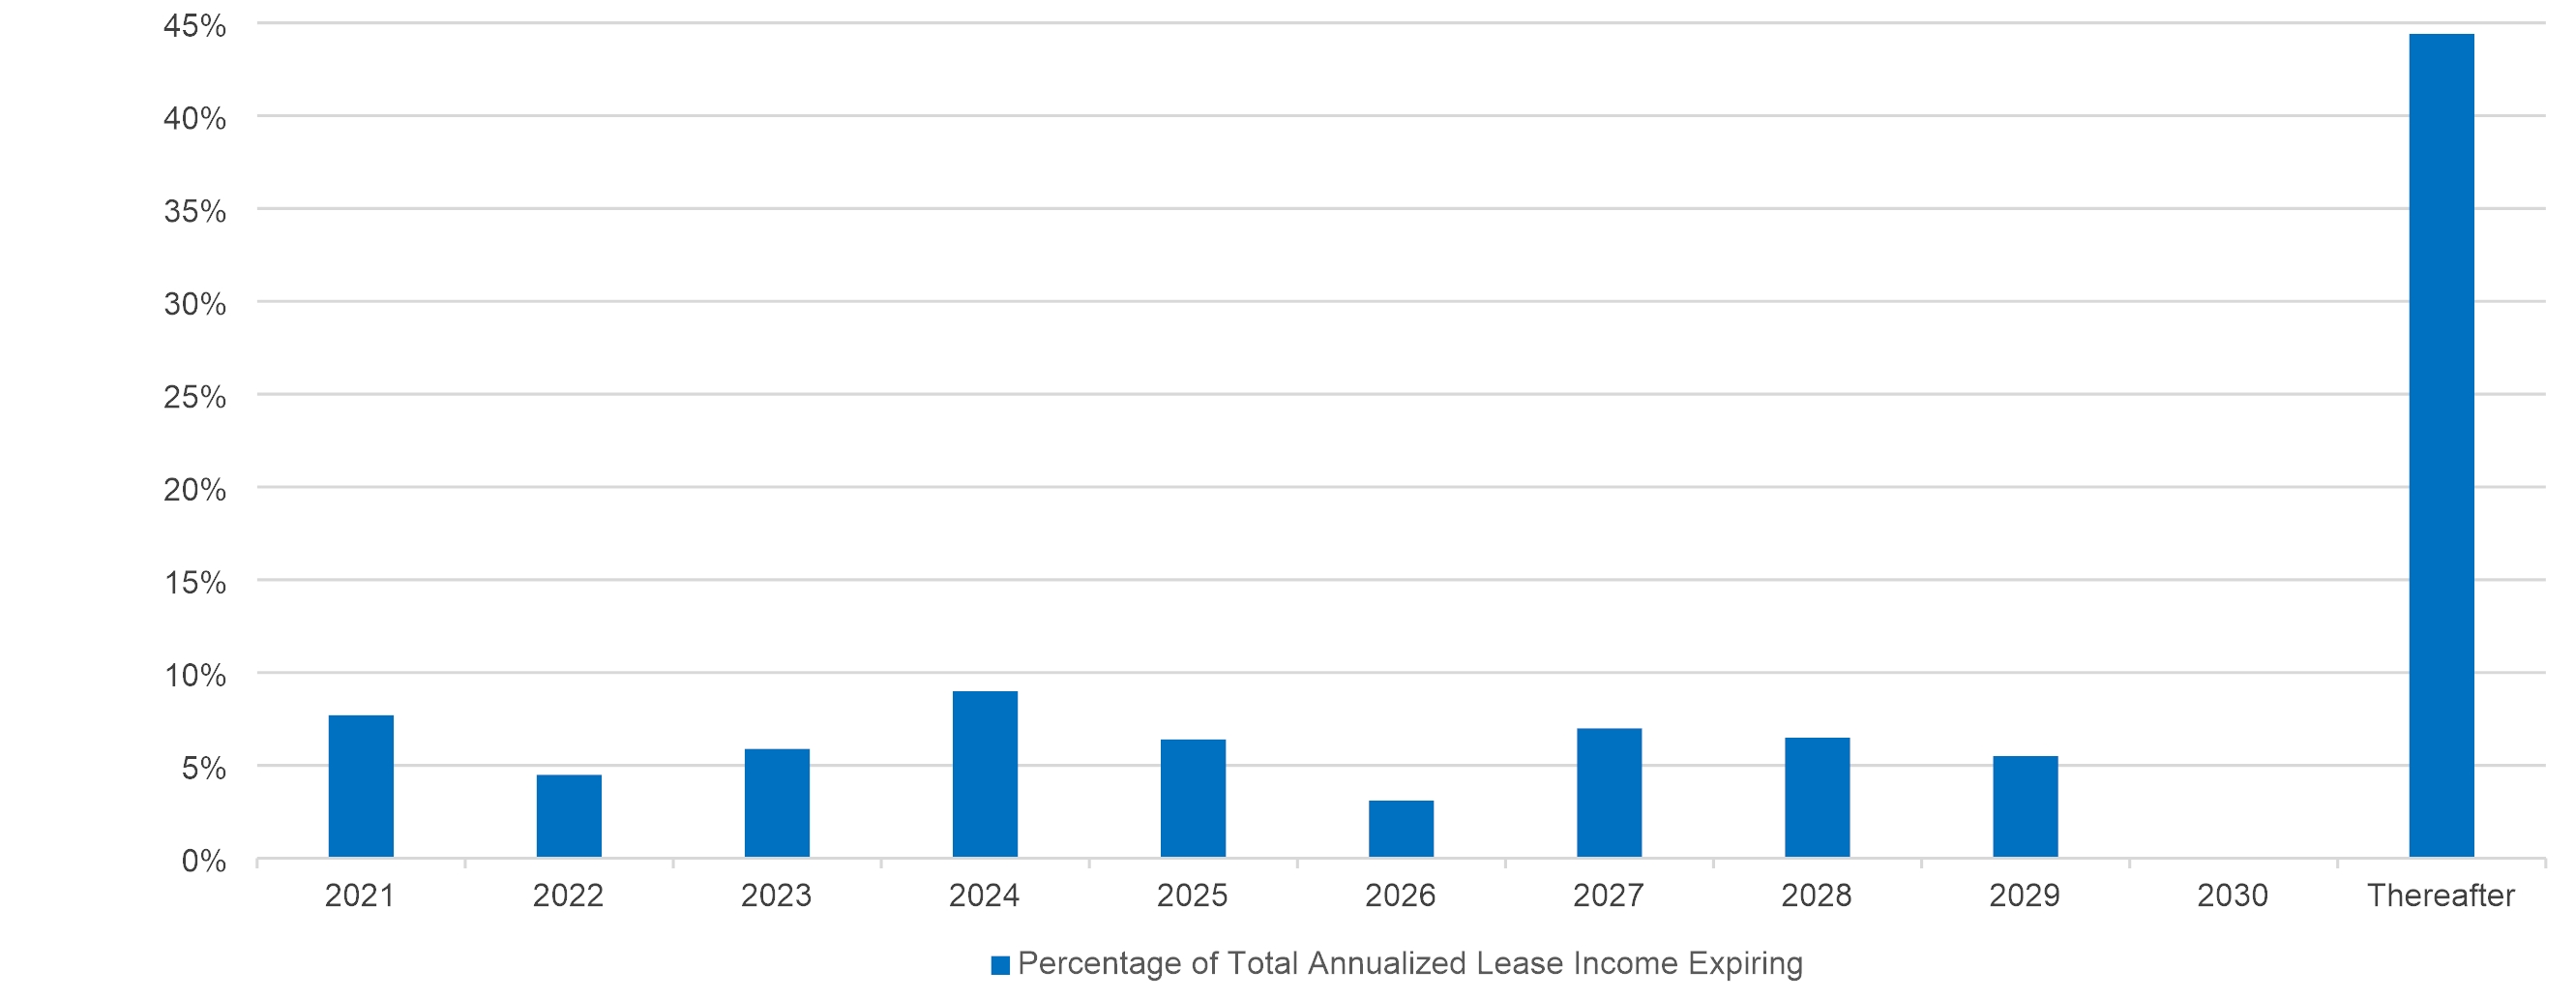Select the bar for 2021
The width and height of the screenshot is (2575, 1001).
(361, 786)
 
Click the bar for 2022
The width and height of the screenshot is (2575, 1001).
(569, 816)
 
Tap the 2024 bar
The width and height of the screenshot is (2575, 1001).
(985, 774)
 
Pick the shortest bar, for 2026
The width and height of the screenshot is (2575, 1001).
(1401, 829)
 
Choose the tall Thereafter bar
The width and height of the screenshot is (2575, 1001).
(2442, 445)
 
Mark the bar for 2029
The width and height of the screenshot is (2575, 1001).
(2026, 806)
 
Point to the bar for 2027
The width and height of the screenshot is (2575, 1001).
(1609, 793)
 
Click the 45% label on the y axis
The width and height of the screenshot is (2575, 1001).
(195, 26)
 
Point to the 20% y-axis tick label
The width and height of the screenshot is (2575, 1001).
(195, 490)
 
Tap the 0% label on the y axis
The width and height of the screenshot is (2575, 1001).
(204, 861)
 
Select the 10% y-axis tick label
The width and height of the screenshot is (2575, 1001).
(195, 676)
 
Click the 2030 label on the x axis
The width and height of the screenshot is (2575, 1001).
(2233, 895)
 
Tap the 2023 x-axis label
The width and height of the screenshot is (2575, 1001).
(776, 895)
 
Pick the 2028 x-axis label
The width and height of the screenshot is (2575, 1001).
(1817, 895)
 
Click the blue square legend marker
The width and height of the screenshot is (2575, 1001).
(999, 965)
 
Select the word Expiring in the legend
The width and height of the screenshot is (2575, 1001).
(1745, 964)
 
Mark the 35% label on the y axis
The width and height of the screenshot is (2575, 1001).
(195, 212)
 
